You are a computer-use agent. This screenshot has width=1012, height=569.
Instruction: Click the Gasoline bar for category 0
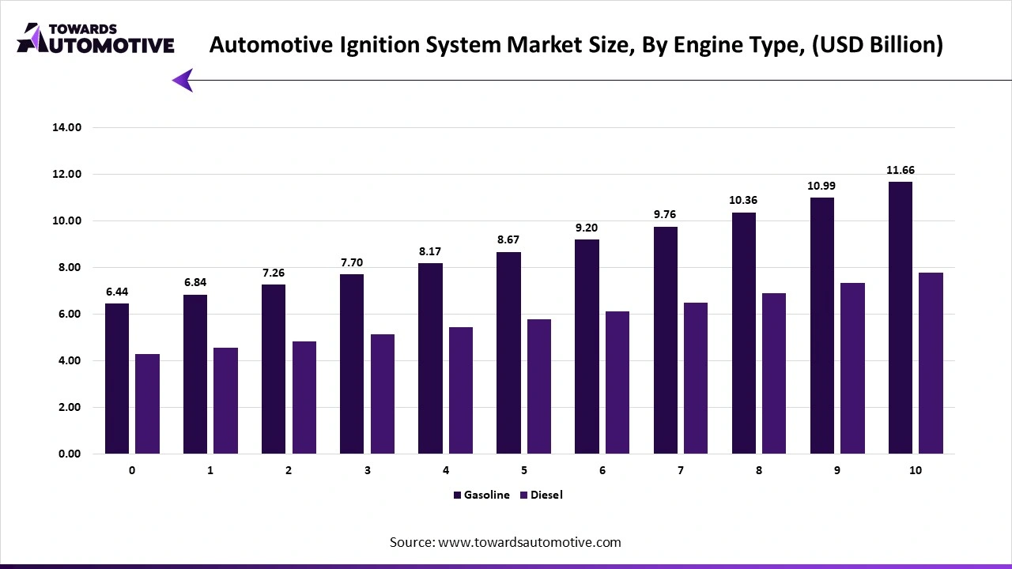[x=116, y=379]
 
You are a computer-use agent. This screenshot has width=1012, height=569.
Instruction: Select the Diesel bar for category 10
[x=931, y=363]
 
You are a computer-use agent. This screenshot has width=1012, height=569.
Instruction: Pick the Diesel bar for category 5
[x=539, y=386]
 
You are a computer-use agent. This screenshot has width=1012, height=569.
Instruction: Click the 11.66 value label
[x=901, y=170]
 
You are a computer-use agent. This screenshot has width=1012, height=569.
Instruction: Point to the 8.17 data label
[x=430, y=251]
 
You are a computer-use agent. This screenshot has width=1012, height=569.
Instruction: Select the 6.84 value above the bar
[x=195, y=282]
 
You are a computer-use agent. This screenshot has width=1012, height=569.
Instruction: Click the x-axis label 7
[x=680, y=470]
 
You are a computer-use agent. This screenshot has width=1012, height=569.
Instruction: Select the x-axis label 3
[x=367, y=470]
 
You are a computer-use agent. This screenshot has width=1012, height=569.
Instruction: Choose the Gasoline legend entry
[x=481, y=495]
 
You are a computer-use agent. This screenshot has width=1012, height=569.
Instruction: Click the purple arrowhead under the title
[x=183, y=80]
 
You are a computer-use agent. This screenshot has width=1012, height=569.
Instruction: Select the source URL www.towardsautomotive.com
[x=529, y=542]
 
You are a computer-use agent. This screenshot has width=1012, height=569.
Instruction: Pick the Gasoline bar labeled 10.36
[x=743, y=333]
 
